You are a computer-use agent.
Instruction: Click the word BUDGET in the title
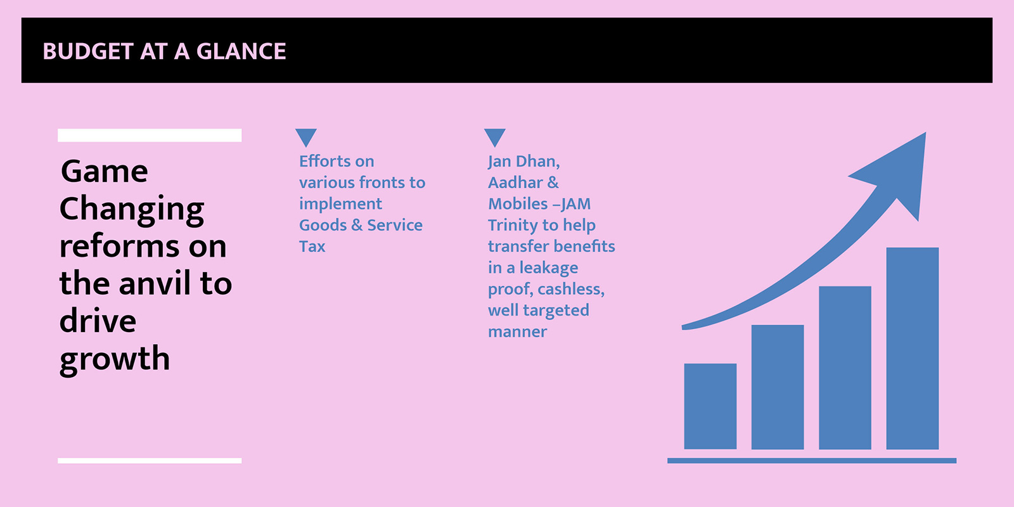(88, 51)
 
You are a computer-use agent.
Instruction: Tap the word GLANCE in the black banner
(241, 51)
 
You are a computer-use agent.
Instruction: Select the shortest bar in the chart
(710, 406)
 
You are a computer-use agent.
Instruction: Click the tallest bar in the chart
(912, 348)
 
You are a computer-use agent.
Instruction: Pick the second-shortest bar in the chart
(778, 387)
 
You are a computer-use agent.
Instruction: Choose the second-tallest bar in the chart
(845, 368)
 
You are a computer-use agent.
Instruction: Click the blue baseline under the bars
(812, 460)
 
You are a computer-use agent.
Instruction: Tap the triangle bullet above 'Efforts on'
(306, 137)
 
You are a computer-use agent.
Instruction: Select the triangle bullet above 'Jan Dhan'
(495, 137)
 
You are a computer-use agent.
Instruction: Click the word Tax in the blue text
(312, 247)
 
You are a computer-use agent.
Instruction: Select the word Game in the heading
(104, 172)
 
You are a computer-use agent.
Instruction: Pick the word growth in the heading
(115, 359)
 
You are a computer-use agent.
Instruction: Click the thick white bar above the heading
(150, 135)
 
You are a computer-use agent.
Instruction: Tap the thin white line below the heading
(150, 460)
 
